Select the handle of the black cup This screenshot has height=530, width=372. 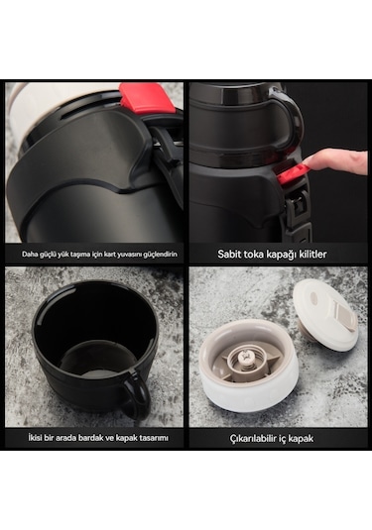138,395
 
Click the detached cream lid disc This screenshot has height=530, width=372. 325,316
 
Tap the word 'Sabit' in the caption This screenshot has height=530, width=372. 227,255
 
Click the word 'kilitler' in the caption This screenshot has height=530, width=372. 311,255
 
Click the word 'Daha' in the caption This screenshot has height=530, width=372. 29,255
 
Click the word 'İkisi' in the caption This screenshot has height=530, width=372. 36,438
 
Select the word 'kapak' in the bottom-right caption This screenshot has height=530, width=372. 300,439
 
